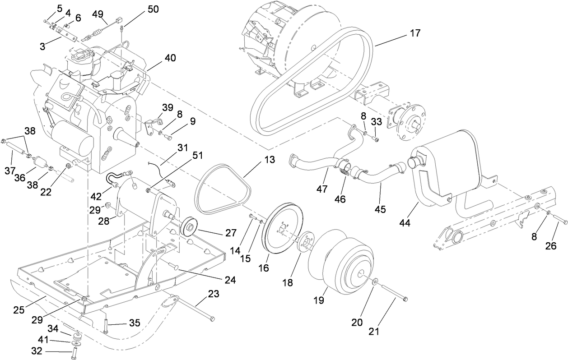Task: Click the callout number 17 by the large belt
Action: point(415,33)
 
